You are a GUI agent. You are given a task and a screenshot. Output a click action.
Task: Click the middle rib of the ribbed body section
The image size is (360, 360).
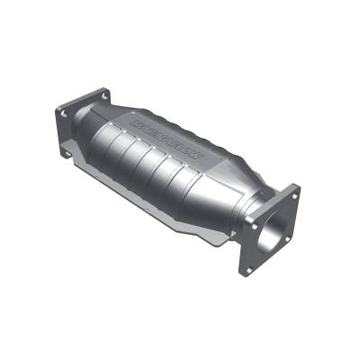tap(153, 171)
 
